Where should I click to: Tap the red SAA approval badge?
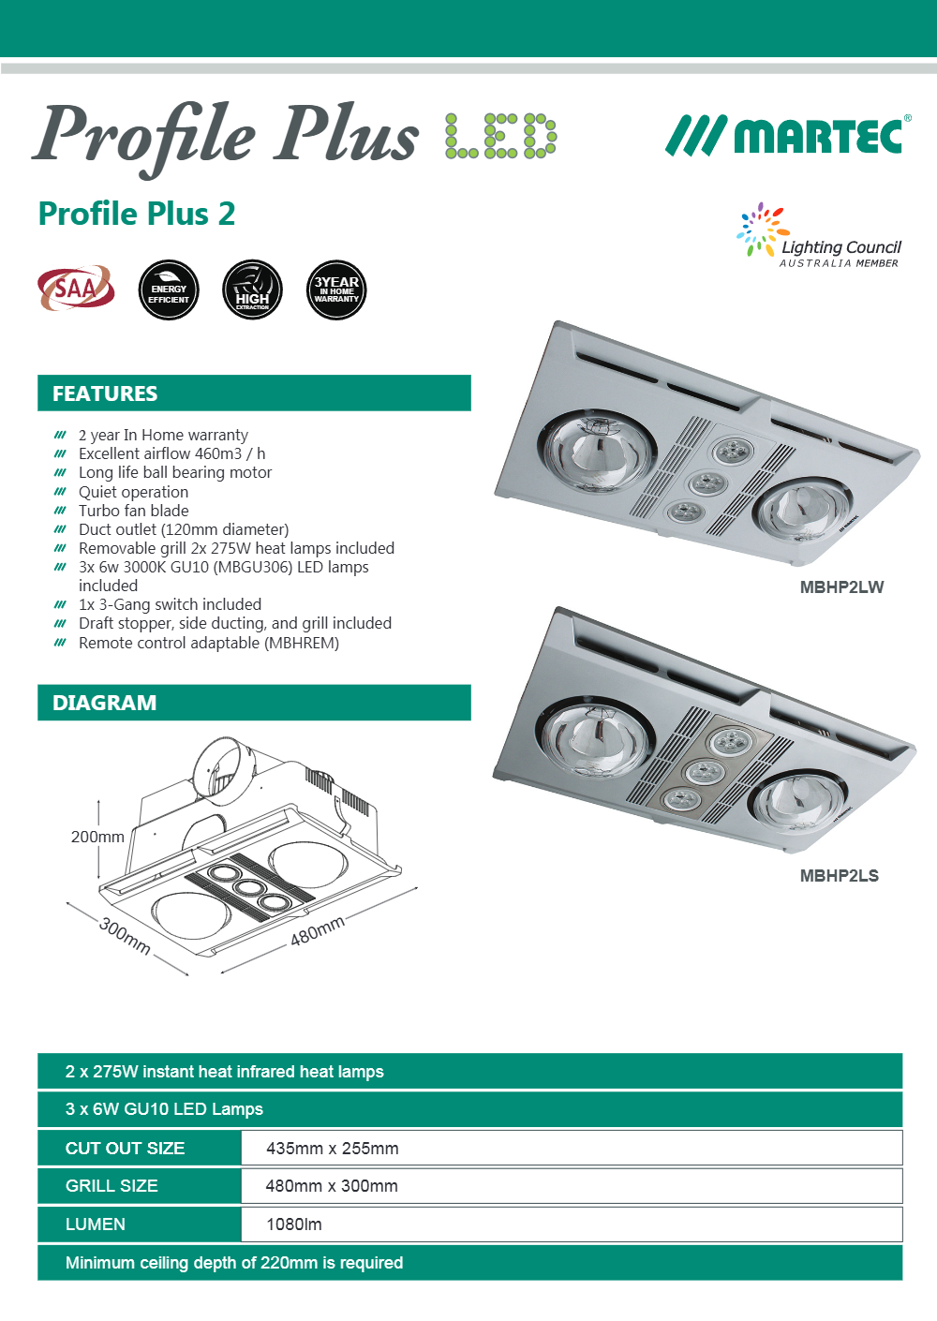[x=76, y=288]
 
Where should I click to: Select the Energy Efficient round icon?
[x=169, y=290]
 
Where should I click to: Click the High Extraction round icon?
[x=252, y=290]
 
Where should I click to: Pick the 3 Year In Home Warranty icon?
[x=336, y=290]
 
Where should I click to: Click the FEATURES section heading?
[x=105, y=393]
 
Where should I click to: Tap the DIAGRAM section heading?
[x=105, y=703]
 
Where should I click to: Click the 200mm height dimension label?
[x=97, y=837]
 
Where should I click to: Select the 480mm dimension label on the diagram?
[x=318, y=930]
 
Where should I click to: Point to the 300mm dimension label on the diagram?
[x=125, y=936]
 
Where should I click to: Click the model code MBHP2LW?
[x=841, y=587]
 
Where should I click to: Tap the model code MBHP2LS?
[x=839, y=876]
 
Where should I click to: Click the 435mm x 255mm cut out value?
[x=332, y=1149]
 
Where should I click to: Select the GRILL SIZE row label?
[x=112, y=1186]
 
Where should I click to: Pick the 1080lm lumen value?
[x=293, y=1225]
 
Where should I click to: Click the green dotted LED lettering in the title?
[x=500, y=137]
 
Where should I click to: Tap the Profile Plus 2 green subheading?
[x=137, y=214]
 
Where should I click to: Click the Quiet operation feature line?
[x=133, y=492]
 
